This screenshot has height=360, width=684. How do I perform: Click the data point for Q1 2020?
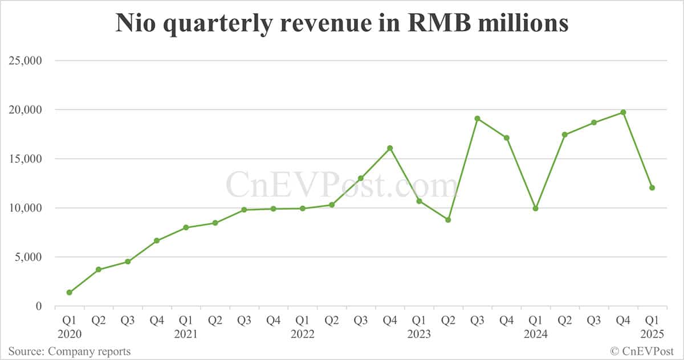(69, 292)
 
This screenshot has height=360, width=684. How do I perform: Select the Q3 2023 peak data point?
(477, 118)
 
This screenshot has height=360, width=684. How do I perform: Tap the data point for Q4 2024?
(623, 112)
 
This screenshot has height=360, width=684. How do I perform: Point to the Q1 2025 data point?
(652, 187)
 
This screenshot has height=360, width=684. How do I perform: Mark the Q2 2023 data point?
(448, 219)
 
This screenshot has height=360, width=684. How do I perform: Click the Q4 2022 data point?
(390, 148)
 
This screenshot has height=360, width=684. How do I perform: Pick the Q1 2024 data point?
(536, 208)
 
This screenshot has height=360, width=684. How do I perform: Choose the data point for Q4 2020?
(157, 240)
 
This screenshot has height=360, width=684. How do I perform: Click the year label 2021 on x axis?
(186, 334)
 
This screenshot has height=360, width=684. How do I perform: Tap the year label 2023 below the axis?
(419, 334)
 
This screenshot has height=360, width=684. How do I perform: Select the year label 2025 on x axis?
(652, 334)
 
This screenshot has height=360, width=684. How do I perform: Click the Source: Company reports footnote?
(69, 351)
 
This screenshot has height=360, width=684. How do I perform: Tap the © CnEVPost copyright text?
(642, 351)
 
